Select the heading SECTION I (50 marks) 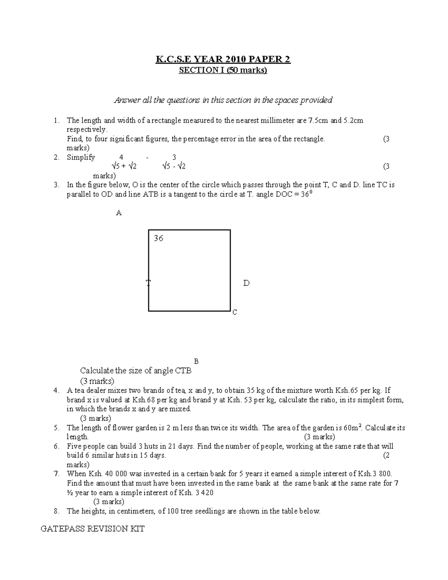point(223,70)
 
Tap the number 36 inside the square point(158,238)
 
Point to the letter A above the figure point(119,213)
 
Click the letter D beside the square point(246,283)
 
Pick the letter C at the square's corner point(234,312)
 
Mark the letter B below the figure point(196,361)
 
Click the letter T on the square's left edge point(148,283)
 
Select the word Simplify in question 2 point(81,157)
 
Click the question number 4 point(56,391)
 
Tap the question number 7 point(56,474)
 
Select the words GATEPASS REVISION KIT point(92,529)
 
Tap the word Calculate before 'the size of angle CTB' point(97,371)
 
